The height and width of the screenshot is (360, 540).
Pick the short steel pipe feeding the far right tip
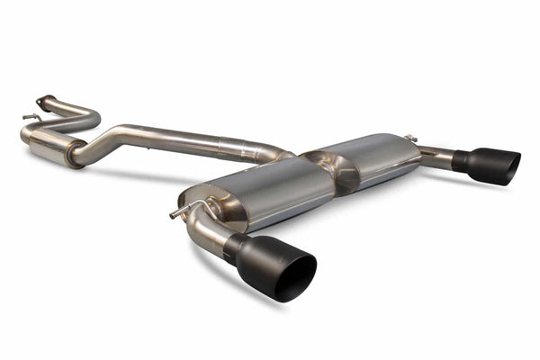436,157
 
